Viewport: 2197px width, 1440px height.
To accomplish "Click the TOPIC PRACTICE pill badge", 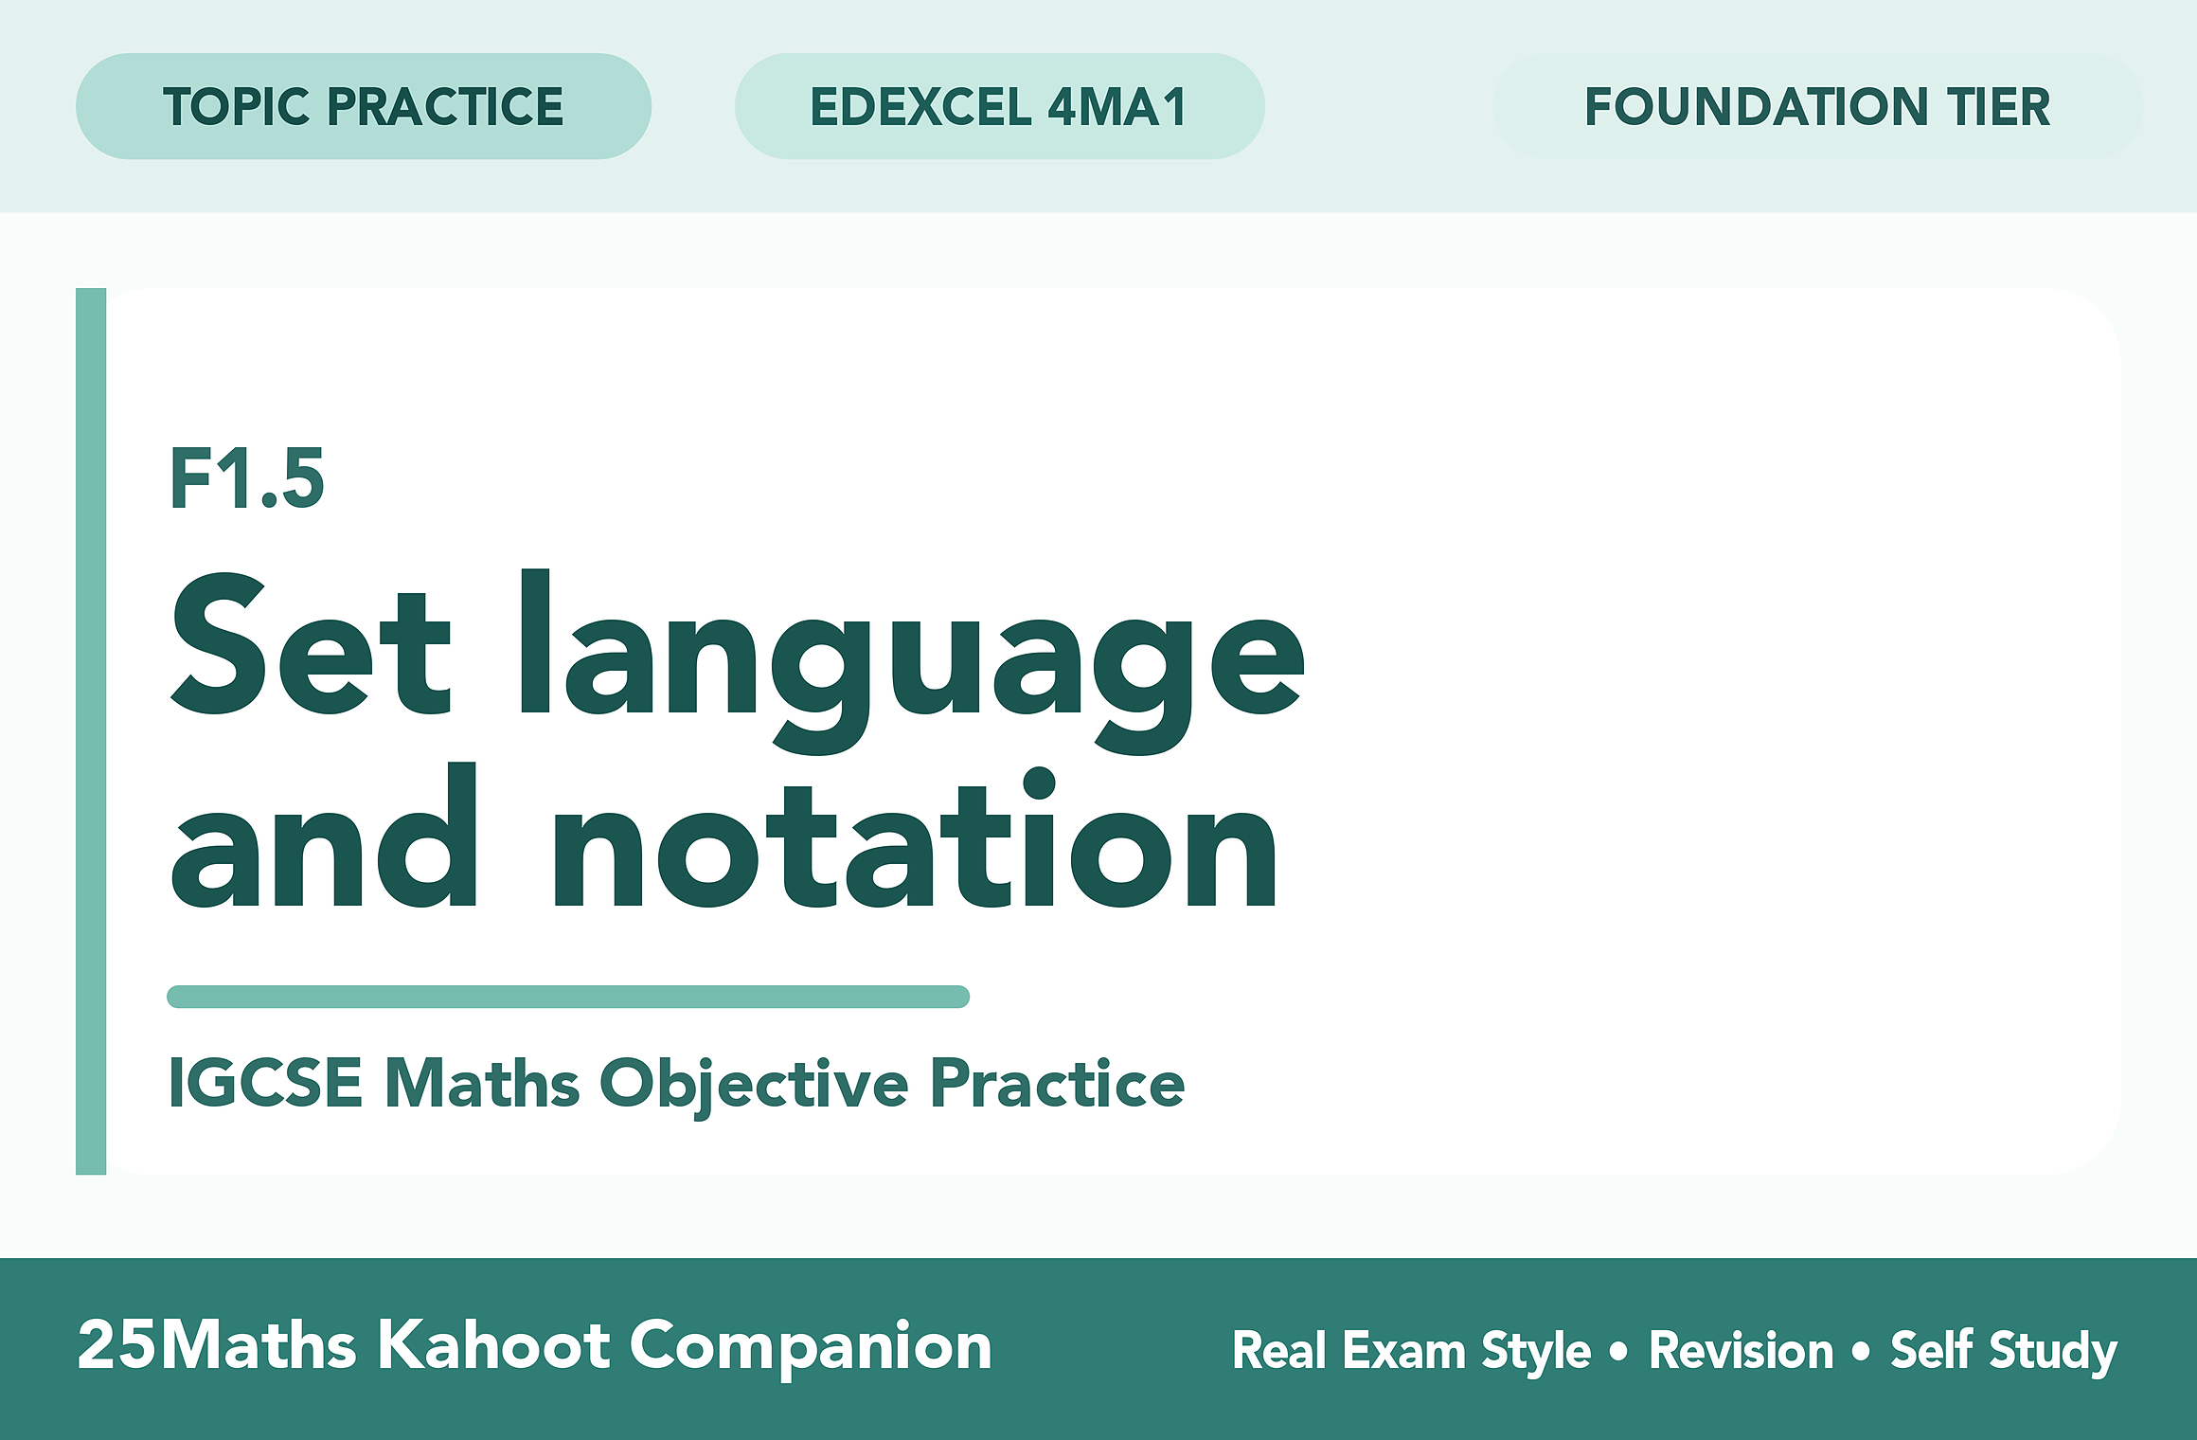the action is coord(364,106).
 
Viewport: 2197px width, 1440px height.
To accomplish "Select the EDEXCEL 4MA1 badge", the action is coord(1000,106).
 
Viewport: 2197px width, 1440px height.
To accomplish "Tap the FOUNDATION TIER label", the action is coord(1817,106).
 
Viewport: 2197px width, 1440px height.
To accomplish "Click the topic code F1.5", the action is coord(247,479).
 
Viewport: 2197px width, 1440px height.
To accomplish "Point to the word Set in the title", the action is coord(311,644).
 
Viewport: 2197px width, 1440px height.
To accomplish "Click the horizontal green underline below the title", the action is coord(568,997).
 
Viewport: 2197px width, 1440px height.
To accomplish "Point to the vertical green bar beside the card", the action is coord(91,731).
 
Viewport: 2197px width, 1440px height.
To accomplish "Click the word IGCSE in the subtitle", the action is coord(265,1082).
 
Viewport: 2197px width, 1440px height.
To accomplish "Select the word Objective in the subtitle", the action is coord(755,1086).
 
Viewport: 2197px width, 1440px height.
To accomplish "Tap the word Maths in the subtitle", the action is coord(482,1082).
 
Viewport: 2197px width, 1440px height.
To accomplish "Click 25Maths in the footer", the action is coord(217,1345).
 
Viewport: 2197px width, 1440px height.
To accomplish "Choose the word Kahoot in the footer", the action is coord(494,1345).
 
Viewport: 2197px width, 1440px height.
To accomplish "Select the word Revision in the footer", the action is coord(1742,1350).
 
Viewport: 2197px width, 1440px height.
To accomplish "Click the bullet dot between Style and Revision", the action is coord(1618,1351).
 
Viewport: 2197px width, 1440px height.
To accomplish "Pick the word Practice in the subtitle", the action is coord(1057,1082).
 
